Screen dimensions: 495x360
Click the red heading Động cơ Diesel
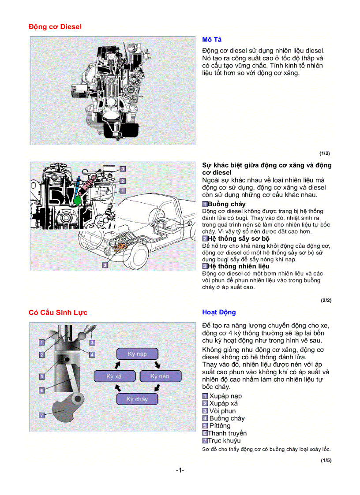(55, 26)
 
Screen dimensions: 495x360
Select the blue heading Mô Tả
(212, 40)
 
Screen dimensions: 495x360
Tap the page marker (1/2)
(324, 153)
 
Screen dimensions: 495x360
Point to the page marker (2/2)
(326, 301)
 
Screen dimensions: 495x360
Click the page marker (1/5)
(326, 461)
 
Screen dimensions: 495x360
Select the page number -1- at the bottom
(180, 470)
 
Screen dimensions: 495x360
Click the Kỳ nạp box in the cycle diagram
(137, 354)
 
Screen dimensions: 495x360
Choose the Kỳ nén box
(160, 376)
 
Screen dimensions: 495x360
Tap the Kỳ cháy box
(137, 399)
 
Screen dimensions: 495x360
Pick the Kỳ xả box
(114, 376)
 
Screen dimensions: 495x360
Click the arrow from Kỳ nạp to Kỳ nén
(157, 365)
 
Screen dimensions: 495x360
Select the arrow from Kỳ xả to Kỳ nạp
(117, 365)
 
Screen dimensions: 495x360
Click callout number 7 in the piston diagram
(41, 415)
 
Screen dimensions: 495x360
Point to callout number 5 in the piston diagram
(41, 376)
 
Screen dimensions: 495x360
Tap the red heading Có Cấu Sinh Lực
(58, 313)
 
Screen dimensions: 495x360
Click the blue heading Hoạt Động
(219, 312)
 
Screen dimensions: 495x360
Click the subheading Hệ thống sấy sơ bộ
(238, 238)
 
